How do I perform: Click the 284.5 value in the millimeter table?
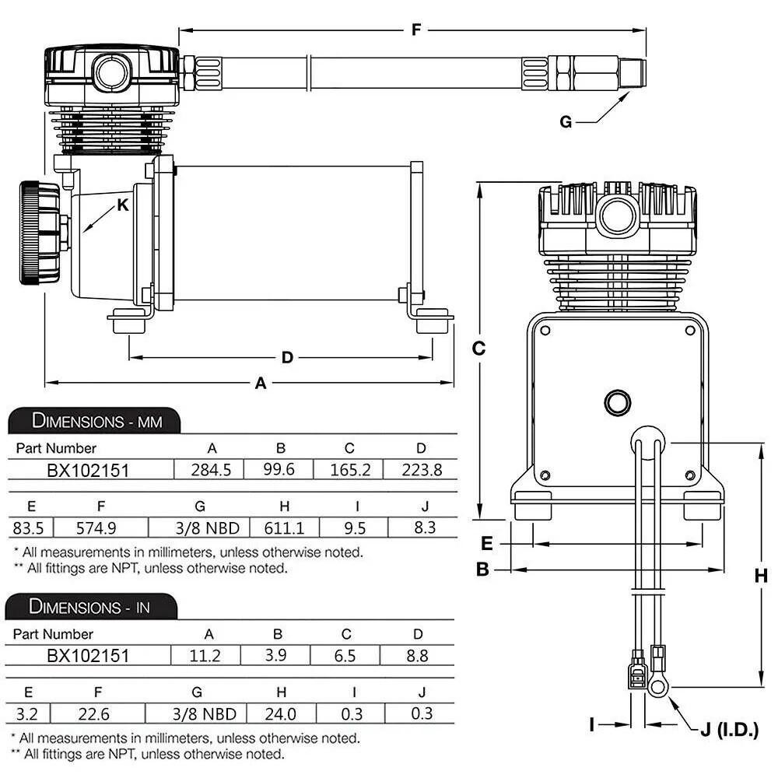pos(212,470)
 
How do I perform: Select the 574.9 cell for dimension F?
pos(96,528)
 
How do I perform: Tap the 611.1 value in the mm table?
pos(284,528)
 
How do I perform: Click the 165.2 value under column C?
pos(349,470)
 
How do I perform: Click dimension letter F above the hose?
pos(416,30)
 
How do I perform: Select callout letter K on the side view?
pos(122,205)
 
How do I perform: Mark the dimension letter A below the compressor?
pos(261,383)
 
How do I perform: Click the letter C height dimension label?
pos(479,349)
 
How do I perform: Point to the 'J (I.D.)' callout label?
pos(728,731)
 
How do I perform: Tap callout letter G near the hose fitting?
pos(566,122)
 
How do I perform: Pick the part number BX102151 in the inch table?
pos(88,656)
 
